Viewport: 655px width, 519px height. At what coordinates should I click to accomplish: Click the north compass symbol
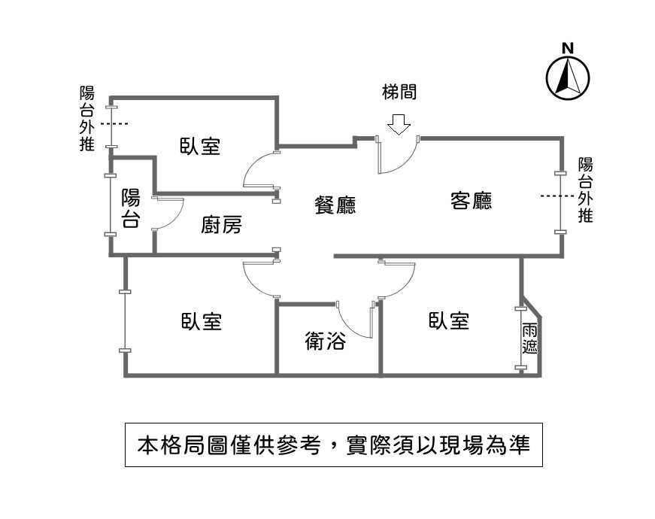click(568, 78)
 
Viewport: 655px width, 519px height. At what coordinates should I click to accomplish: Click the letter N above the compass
click(568, 48)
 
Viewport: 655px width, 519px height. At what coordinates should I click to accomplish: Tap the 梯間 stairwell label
click(399, 92)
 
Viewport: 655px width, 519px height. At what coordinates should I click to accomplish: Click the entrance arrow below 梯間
click(399, 125)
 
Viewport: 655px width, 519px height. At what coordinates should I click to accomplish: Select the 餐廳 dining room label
click(335, 205)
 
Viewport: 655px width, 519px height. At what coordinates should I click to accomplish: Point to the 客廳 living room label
click(472, 200)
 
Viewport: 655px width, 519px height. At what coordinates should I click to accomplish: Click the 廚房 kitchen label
click(221, 224)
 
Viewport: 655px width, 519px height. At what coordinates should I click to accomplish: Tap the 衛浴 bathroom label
click(326, 341)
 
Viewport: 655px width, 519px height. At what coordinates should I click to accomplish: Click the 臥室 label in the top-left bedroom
click(200, 146)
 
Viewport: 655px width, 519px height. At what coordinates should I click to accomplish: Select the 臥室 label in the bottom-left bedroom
click(202, 321)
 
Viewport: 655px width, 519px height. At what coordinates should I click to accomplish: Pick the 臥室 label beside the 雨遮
click(449, 320)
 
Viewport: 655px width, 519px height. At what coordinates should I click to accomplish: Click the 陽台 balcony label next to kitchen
click(130, 208)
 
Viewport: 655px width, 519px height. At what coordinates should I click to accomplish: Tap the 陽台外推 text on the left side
click(87, 118)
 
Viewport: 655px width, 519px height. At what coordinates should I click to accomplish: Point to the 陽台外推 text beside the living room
click(585, 190)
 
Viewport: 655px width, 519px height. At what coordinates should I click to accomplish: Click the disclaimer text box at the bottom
click(334, 445)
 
